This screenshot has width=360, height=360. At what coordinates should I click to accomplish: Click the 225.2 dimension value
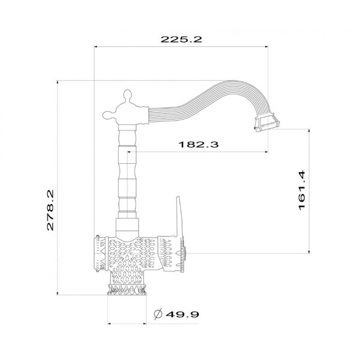(181, 39)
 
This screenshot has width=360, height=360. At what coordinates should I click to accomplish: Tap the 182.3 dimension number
(199, 145)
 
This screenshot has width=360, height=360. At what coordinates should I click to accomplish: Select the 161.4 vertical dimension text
(302, 190)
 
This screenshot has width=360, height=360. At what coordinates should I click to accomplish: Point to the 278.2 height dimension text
(50, 210)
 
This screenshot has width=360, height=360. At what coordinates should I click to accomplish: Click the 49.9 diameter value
(182, 314)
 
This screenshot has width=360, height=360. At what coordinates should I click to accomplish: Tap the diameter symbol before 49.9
(158, 314)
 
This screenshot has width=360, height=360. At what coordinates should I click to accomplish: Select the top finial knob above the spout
(127, 95)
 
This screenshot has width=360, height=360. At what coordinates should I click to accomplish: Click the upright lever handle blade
(179, 216)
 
